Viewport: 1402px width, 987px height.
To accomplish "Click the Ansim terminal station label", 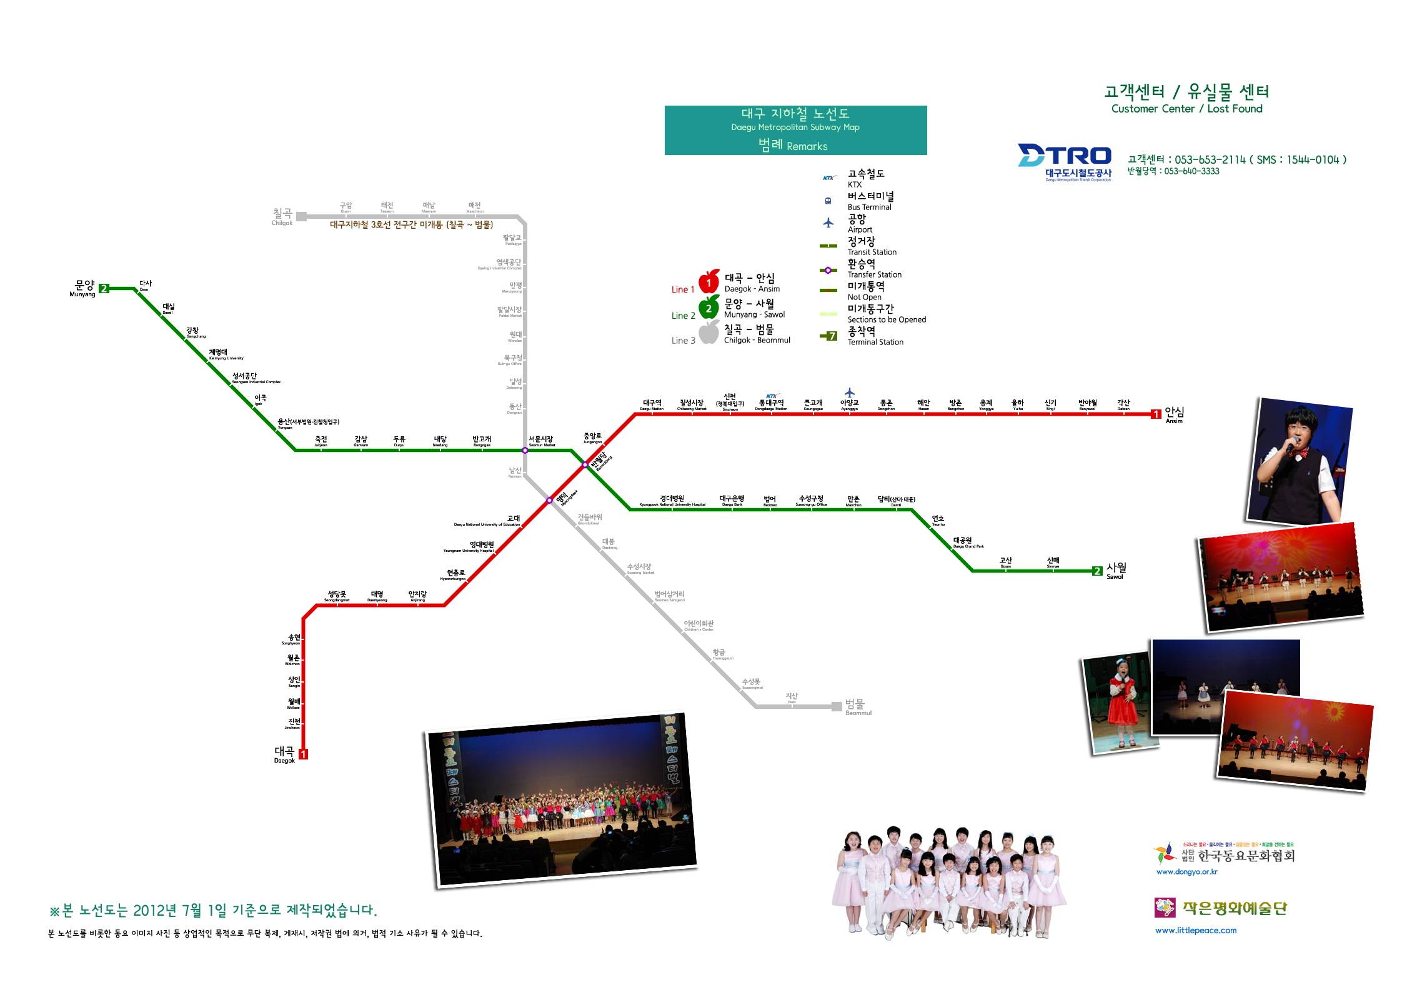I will tap(1174, 414).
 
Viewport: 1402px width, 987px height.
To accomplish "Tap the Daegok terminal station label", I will tap(284, 754).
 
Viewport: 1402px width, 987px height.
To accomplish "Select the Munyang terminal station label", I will tap(83, 288).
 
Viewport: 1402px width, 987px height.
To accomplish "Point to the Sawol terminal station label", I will tap(1116, 570).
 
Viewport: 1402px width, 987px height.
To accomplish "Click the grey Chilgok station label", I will tap(282, 216).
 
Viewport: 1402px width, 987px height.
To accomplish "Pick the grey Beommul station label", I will tap(857, 707).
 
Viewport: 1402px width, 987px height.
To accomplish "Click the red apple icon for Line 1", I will tap(708, 282).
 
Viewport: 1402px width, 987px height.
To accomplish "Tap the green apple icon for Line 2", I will tap(708, 308).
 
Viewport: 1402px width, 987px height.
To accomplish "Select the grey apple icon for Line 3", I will tap(708, 333).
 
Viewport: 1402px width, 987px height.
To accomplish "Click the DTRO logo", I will tap(1065, 162).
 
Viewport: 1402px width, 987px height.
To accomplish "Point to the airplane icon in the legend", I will tap(828, 223).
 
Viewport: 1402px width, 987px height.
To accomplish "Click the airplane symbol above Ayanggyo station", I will tap(849, 393).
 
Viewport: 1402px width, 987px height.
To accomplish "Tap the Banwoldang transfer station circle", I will tap(585, 464).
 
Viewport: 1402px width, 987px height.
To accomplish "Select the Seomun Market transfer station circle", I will tap(525, 450).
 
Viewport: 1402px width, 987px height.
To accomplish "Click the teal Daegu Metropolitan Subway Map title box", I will tap(795, 130).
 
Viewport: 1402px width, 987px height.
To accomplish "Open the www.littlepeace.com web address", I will tap(1196, 930).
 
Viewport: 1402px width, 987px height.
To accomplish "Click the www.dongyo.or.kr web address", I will tap(1186, 871).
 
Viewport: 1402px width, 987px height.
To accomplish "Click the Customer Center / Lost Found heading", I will tap(1186, 99).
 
